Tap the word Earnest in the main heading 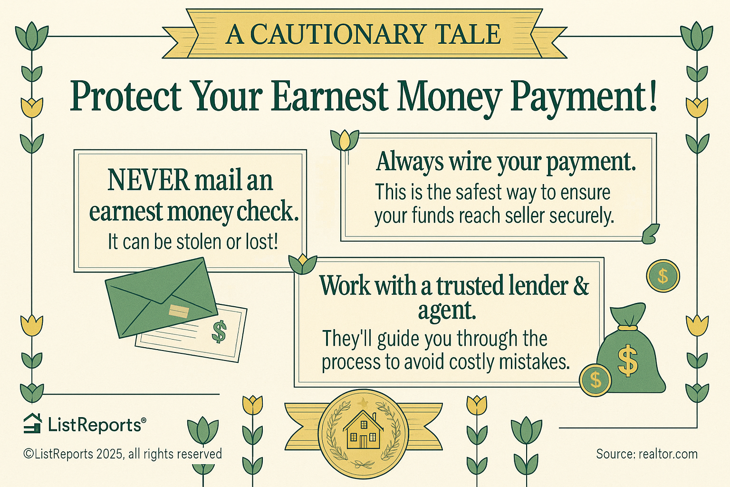point(331,97)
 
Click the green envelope point(161,298)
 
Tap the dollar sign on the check point(219,331)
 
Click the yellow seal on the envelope point(179,312)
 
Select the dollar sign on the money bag point(628,361)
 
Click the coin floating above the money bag point(663,276)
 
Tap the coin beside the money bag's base point(595,380)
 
